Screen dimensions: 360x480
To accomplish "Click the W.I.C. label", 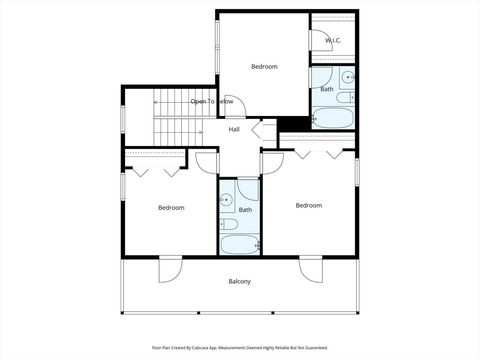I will [333, 41].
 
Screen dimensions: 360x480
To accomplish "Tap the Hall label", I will [234, 129].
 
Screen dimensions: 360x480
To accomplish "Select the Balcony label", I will [239, 281].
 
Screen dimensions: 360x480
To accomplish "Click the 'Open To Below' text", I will [212, 101].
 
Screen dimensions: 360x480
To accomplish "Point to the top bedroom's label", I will [264, 66].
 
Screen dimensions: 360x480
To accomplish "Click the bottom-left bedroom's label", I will [171, 207].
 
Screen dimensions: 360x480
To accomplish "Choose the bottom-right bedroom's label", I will [309, 205].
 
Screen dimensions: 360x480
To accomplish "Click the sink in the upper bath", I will [347, 77].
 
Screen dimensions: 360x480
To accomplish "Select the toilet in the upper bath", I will [345, 97].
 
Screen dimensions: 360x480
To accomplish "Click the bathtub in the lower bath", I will [239, 243].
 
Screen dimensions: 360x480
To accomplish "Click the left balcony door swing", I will [170, 269].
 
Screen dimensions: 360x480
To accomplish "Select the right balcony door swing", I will [309, 269].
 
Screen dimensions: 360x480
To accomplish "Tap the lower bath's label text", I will [245, 209].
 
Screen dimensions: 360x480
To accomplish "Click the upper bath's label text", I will [327, 89].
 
